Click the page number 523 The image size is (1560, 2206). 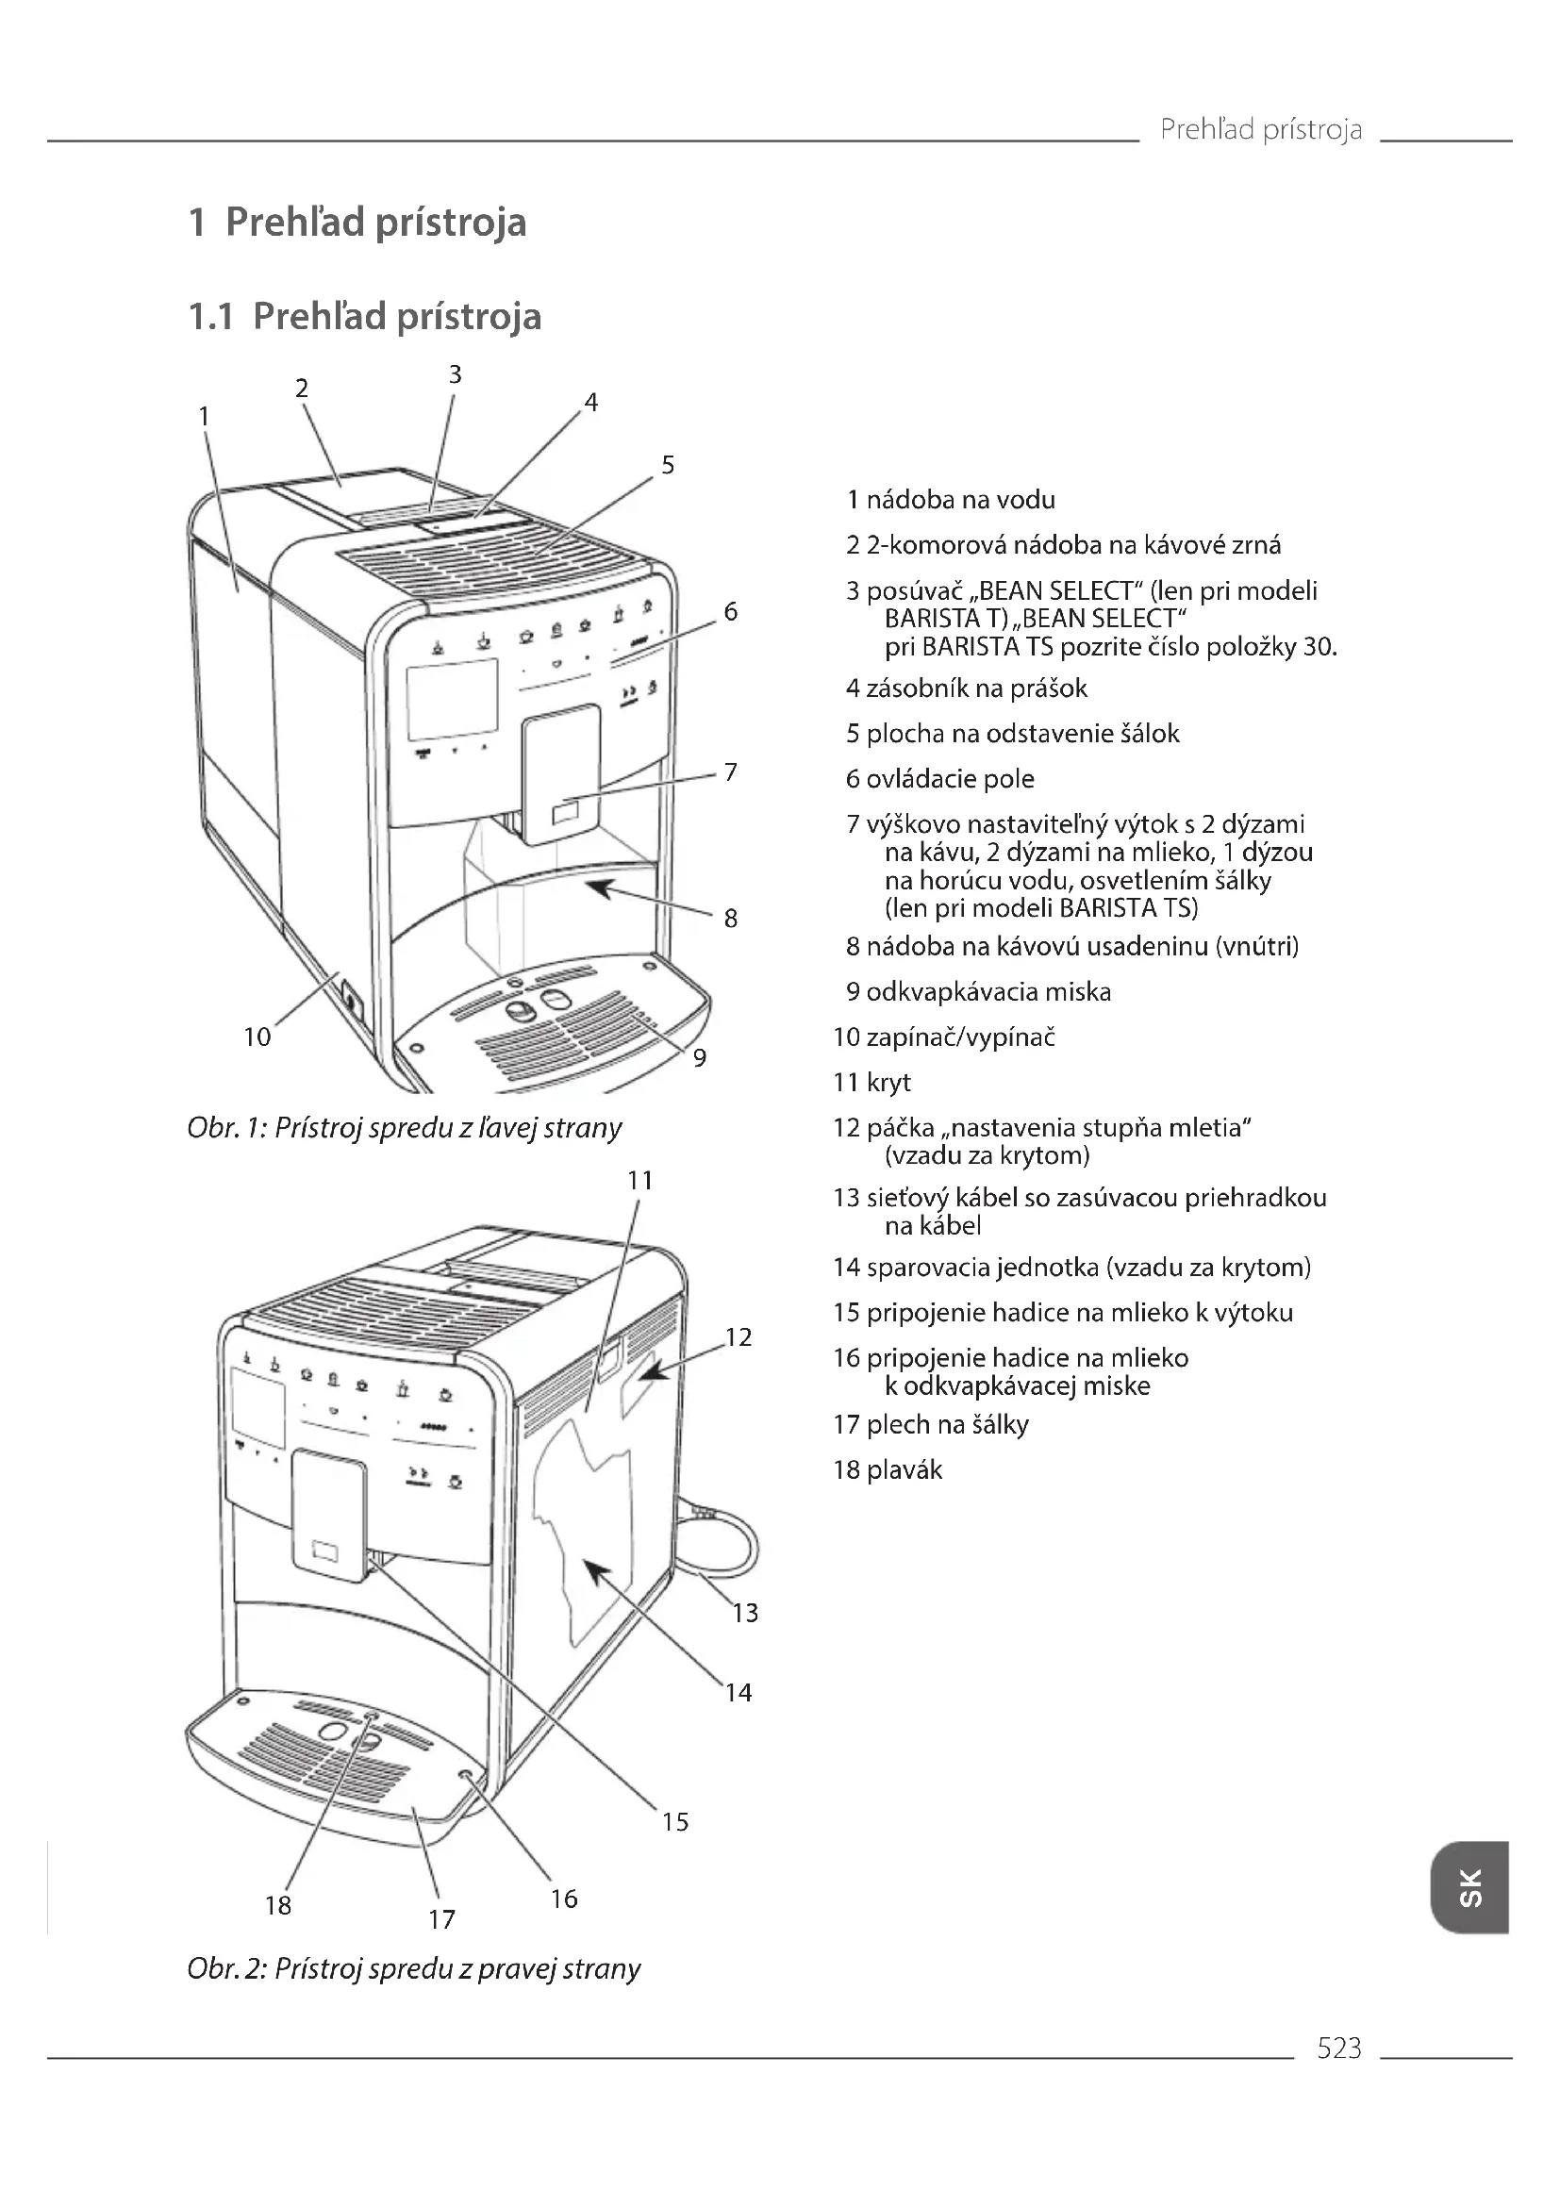[x=1339, y=2048]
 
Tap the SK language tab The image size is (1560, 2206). [x=1469, y=1887]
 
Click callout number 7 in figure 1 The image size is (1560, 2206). [x=731, y=772]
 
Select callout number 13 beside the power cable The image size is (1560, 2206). [x=745, y=1612]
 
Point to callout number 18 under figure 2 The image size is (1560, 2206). [x=277, y=1905]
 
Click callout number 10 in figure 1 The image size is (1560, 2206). [x=257, y=1037]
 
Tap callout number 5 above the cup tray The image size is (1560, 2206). [x=668, y=465]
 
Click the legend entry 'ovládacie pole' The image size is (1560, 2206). [x=949, y=779]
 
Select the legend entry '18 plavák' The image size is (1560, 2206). [x=888, y=1470]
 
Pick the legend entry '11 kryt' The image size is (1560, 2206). [x=873, y=1083]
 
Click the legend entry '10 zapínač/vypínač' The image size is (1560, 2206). [x=945, y=1037]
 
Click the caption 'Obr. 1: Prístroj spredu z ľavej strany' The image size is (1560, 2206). [x=405, y=1128]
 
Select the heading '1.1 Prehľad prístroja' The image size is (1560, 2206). [x=365, y=317]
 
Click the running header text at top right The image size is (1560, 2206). [x=1260, y=129]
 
